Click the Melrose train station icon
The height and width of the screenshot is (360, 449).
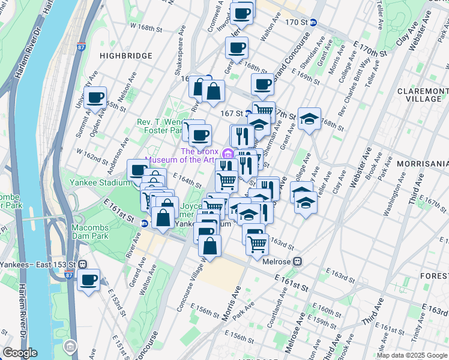(298, 262)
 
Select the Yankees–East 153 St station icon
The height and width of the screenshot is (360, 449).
(83, 264)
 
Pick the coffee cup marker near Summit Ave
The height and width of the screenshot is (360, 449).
(95, 98)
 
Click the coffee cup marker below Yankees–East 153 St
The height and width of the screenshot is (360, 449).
(88, 280)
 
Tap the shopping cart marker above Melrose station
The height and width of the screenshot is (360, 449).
(257, 243)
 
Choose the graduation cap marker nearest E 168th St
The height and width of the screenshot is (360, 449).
(310, 119)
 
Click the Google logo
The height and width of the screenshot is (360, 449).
(20, 353)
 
